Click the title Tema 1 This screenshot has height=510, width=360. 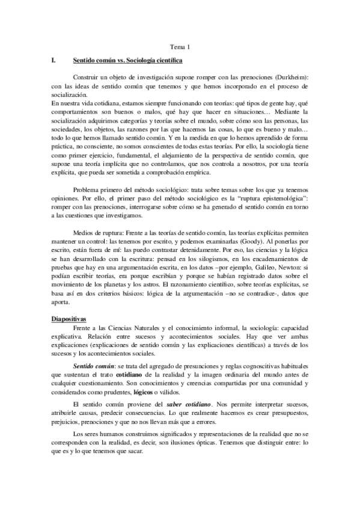[x=180, y=46]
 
